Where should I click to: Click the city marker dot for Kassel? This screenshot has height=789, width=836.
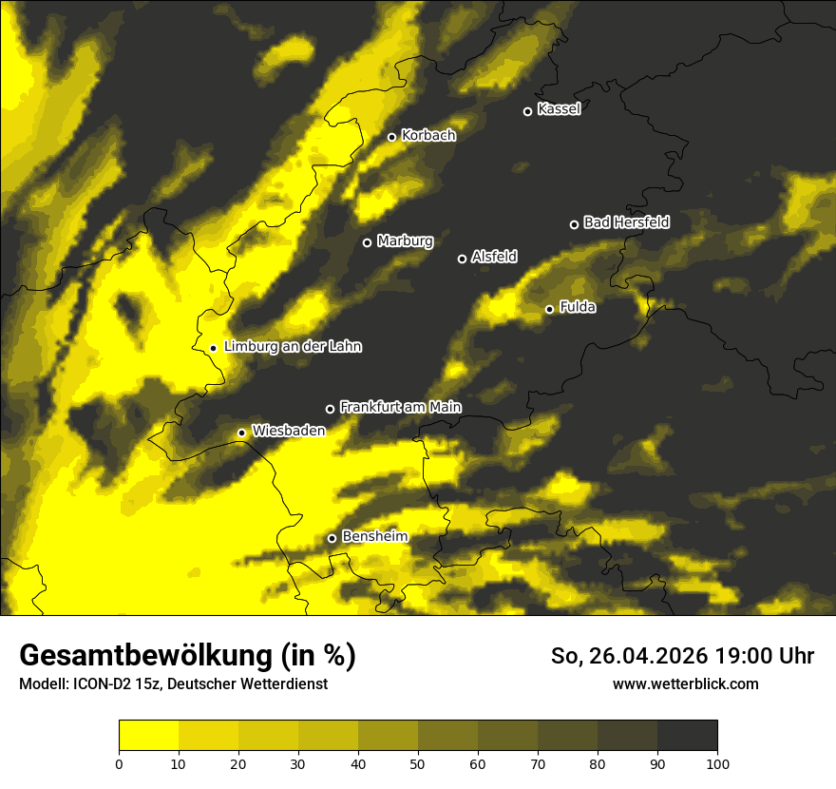tap(527, 111)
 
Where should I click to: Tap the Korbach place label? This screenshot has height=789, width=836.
tap(428, 136)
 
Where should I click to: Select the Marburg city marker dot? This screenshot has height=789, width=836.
tap(367, 242)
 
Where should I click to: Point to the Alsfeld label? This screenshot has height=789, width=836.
tap(494, 257)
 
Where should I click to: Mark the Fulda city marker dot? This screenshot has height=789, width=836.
tap(549, 309)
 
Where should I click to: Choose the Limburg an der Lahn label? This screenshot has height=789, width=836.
tap(293, 347)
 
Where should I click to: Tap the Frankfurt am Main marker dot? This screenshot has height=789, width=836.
tap(330, 409)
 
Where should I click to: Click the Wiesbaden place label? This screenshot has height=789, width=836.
tap(289, 431)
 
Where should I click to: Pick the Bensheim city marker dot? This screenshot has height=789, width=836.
tap(332, 538)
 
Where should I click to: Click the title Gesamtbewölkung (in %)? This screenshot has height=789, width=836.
tap(187, 656)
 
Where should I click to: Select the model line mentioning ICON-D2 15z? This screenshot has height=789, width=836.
tap(174, 684)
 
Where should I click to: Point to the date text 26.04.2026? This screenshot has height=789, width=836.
tap(642, 656)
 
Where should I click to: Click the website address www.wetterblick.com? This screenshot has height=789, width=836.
tap(685, 683)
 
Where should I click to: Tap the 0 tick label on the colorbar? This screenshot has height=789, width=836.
tap(119, 763)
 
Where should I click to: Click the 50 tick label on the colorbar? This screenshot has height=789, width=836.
tap(418, 763)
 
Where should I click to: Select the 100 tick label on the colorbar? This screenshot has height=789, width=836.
tap(717, 763)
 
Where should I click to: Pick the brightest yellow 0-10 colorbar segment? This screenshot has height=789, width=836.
tap(148, 736)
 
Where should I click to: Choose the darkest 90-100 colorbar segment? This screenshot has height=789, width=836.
tap(687, 736)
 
